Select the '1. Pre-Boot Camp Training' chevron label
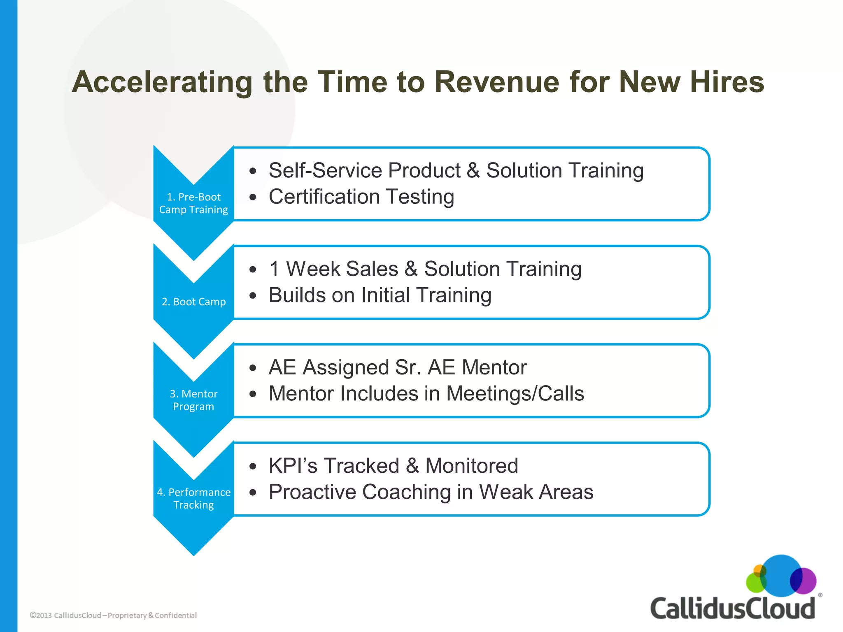(x=193, y=203)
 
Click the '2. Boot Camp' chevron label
(x=193, y=302)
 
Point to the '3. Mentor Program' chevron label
(x=193, y=400)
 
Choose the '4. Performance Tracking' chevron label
(x=193, y=498)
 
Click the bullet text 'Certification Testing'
(x=361, y=197)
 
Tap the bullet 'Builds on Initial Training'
(x=380, y=295)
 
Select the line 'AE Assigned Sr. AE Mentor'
(x=398, y=367)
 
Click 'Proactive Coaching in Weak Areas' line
(x=431, y=492)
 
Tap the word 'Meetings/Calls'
(x=515, y=393)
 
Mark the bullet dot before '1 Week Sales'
(x=253, y=270)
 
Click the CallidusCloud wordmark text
(x=732, y=608)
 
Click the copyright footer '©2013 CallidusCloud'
(x=65, y=615)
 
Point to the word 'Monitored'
(x=471, y=466)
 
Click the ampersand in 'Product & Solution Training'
(x=473, y=170)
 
